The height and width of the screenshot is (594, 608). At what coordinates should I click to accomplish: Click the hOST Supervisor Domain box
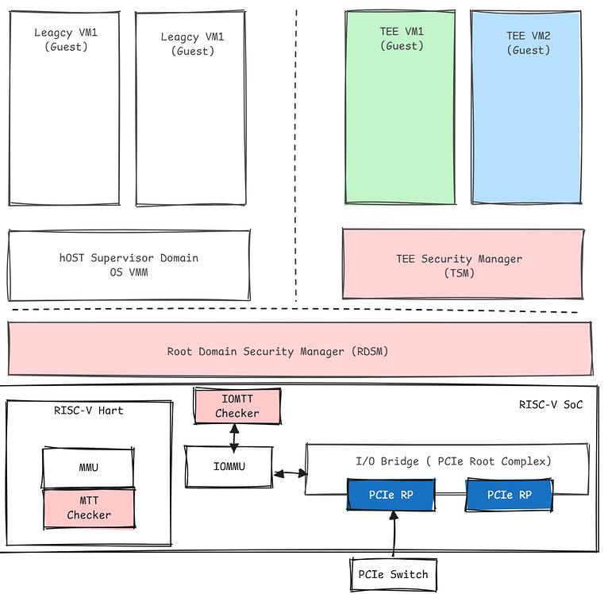point(129,264)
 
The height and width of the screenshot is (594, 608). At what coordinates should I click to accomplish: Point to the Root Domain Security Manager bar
point(300,350)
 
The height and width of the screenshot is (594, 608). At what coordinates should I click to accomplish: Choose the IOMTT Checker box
point(237,406)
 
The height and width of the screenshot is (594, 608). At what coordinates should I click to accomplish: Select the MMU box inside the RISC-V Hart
point(88,468)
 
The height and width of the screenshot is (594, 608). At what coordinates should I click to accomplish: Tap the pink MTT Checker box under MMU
point(88,508)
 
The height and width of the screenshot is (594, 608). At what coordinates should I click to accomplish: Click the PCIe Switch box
point(393,573)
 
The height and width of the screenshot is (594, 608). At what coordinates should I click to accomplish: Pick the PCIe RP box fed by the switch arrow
point(391,496)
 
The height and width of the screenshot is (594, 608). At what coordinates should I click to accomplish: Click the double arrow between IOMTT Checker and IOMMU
point(234,434)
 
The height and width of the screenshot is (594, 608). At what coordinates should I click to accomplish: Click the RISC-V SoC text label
point(550,404)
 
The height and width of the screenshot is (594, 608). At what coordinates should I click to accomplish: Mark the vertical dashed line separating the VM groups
point(296,159)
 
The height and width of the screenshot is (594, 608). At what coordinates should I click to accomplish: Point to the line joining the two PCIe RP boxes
point(451,496)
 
